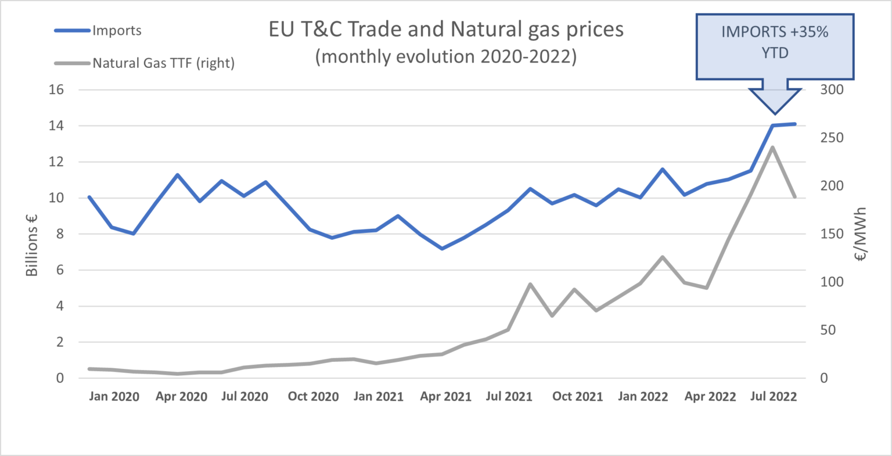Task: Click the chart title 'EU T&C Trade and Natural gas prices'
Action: [x=445, y=29]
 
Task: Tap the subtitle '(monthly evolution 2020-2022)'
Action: [x=445, y=58]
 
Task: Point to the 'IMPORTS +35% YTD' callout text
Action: [x=775, y=42]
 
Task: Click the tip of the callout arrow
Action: [x=775, y=114]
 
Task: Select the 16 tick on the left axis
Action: [x=56, y=90]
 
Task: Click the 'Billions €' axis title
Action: [x=32, y=243]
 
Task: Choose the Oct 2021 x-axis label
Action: [x=577, y=397]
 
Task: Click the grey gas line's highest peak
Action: [x=772, y=147]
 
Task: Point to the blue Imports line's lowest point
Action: [x=443, y=249]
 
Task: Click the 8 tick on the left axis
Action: [x=59, y=234]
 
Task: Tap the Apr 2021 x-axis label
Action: [x=445, y=397]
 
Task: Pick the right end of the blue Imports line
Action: [x=795, y=124]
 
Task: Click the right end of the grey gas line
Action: [x=795, y=197]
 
